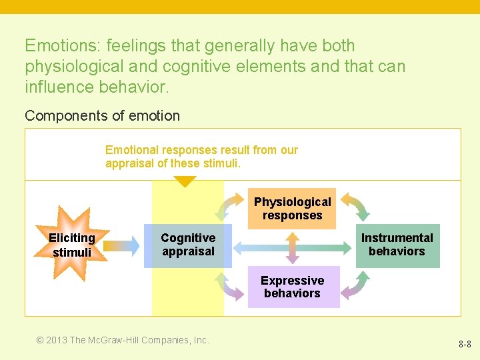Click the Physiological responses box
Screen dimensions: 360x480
(292, 209)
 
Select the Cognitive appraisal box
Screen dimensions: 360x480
(188, 245)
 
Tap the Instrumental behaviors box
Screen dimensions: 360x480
(397, 245)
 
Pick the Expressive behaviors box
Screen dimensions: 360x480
(293, 287)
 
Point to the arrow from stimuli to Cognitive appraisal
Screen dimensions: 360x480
(122, 245)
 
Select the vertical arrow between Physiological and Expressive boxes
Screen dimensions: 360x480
(292, 247)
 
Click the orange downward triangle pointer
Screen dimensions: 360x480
(185, 181)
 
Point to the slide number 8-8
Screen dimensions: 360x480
(465, 345)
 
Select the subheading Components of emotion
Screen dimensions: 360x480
(102, 115)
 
